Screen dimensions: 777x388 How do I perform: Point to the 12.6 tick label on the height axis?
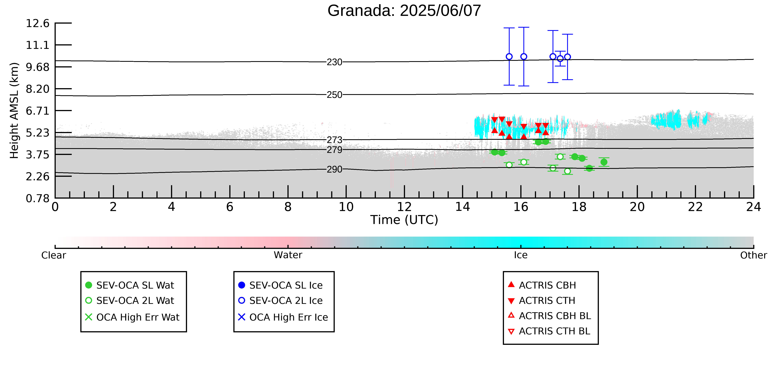pos(37,23)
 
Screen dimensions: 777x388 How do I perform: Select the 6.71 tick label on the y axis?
pos(37,111)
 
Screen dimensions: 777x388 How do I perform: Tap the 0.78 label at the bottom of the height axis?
pos(37,198)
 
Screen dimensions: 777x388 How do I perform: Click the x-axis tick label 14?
pos(462,207)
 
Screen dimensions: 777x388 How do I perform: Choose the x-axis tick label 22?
pos(695,207)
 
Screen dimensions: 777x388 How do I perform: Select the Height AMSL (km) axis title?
pos(14,111)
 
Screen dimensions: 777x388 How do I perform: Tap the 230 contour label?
pos(335,62)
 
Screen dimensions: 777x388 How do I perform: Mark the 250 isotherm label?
pos(335,95)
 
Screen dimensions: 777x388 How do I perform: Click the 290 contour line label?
pos(335,169)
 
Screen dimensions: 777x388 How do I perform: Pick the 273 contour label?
pos(335,140)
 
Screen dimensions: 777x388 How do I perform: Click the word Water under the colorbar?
pos(288,255)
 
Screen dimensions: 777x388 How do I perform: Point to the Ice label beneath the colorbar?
pos(521,255)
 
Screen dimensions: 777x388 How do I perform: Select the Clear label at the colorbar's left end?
pos(54,255)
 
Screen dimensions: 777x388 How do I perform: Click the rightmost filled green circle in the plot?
pos(604,162)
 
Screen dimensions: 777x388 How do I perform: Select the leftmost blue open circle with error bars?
pos(509,57)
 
